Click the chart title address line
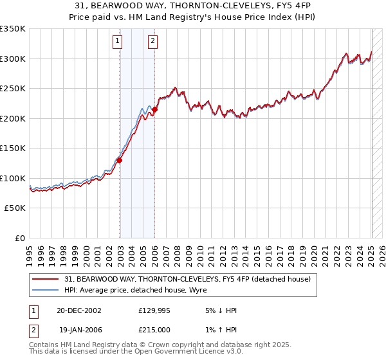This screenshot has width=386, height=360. (193, 4)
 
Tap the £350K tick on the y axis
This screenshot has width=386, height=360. (13, 29)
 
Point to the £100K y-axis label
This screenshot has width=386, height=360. (13, 178)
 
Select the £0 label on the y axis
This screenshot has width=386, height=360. (20, 238)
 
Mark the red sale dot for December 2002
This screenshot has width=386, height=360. (120, 161)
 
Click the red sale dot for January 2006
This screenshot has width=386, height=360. (155, 110)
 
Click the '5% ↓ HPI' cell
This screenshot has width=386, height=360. (219, 310)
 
